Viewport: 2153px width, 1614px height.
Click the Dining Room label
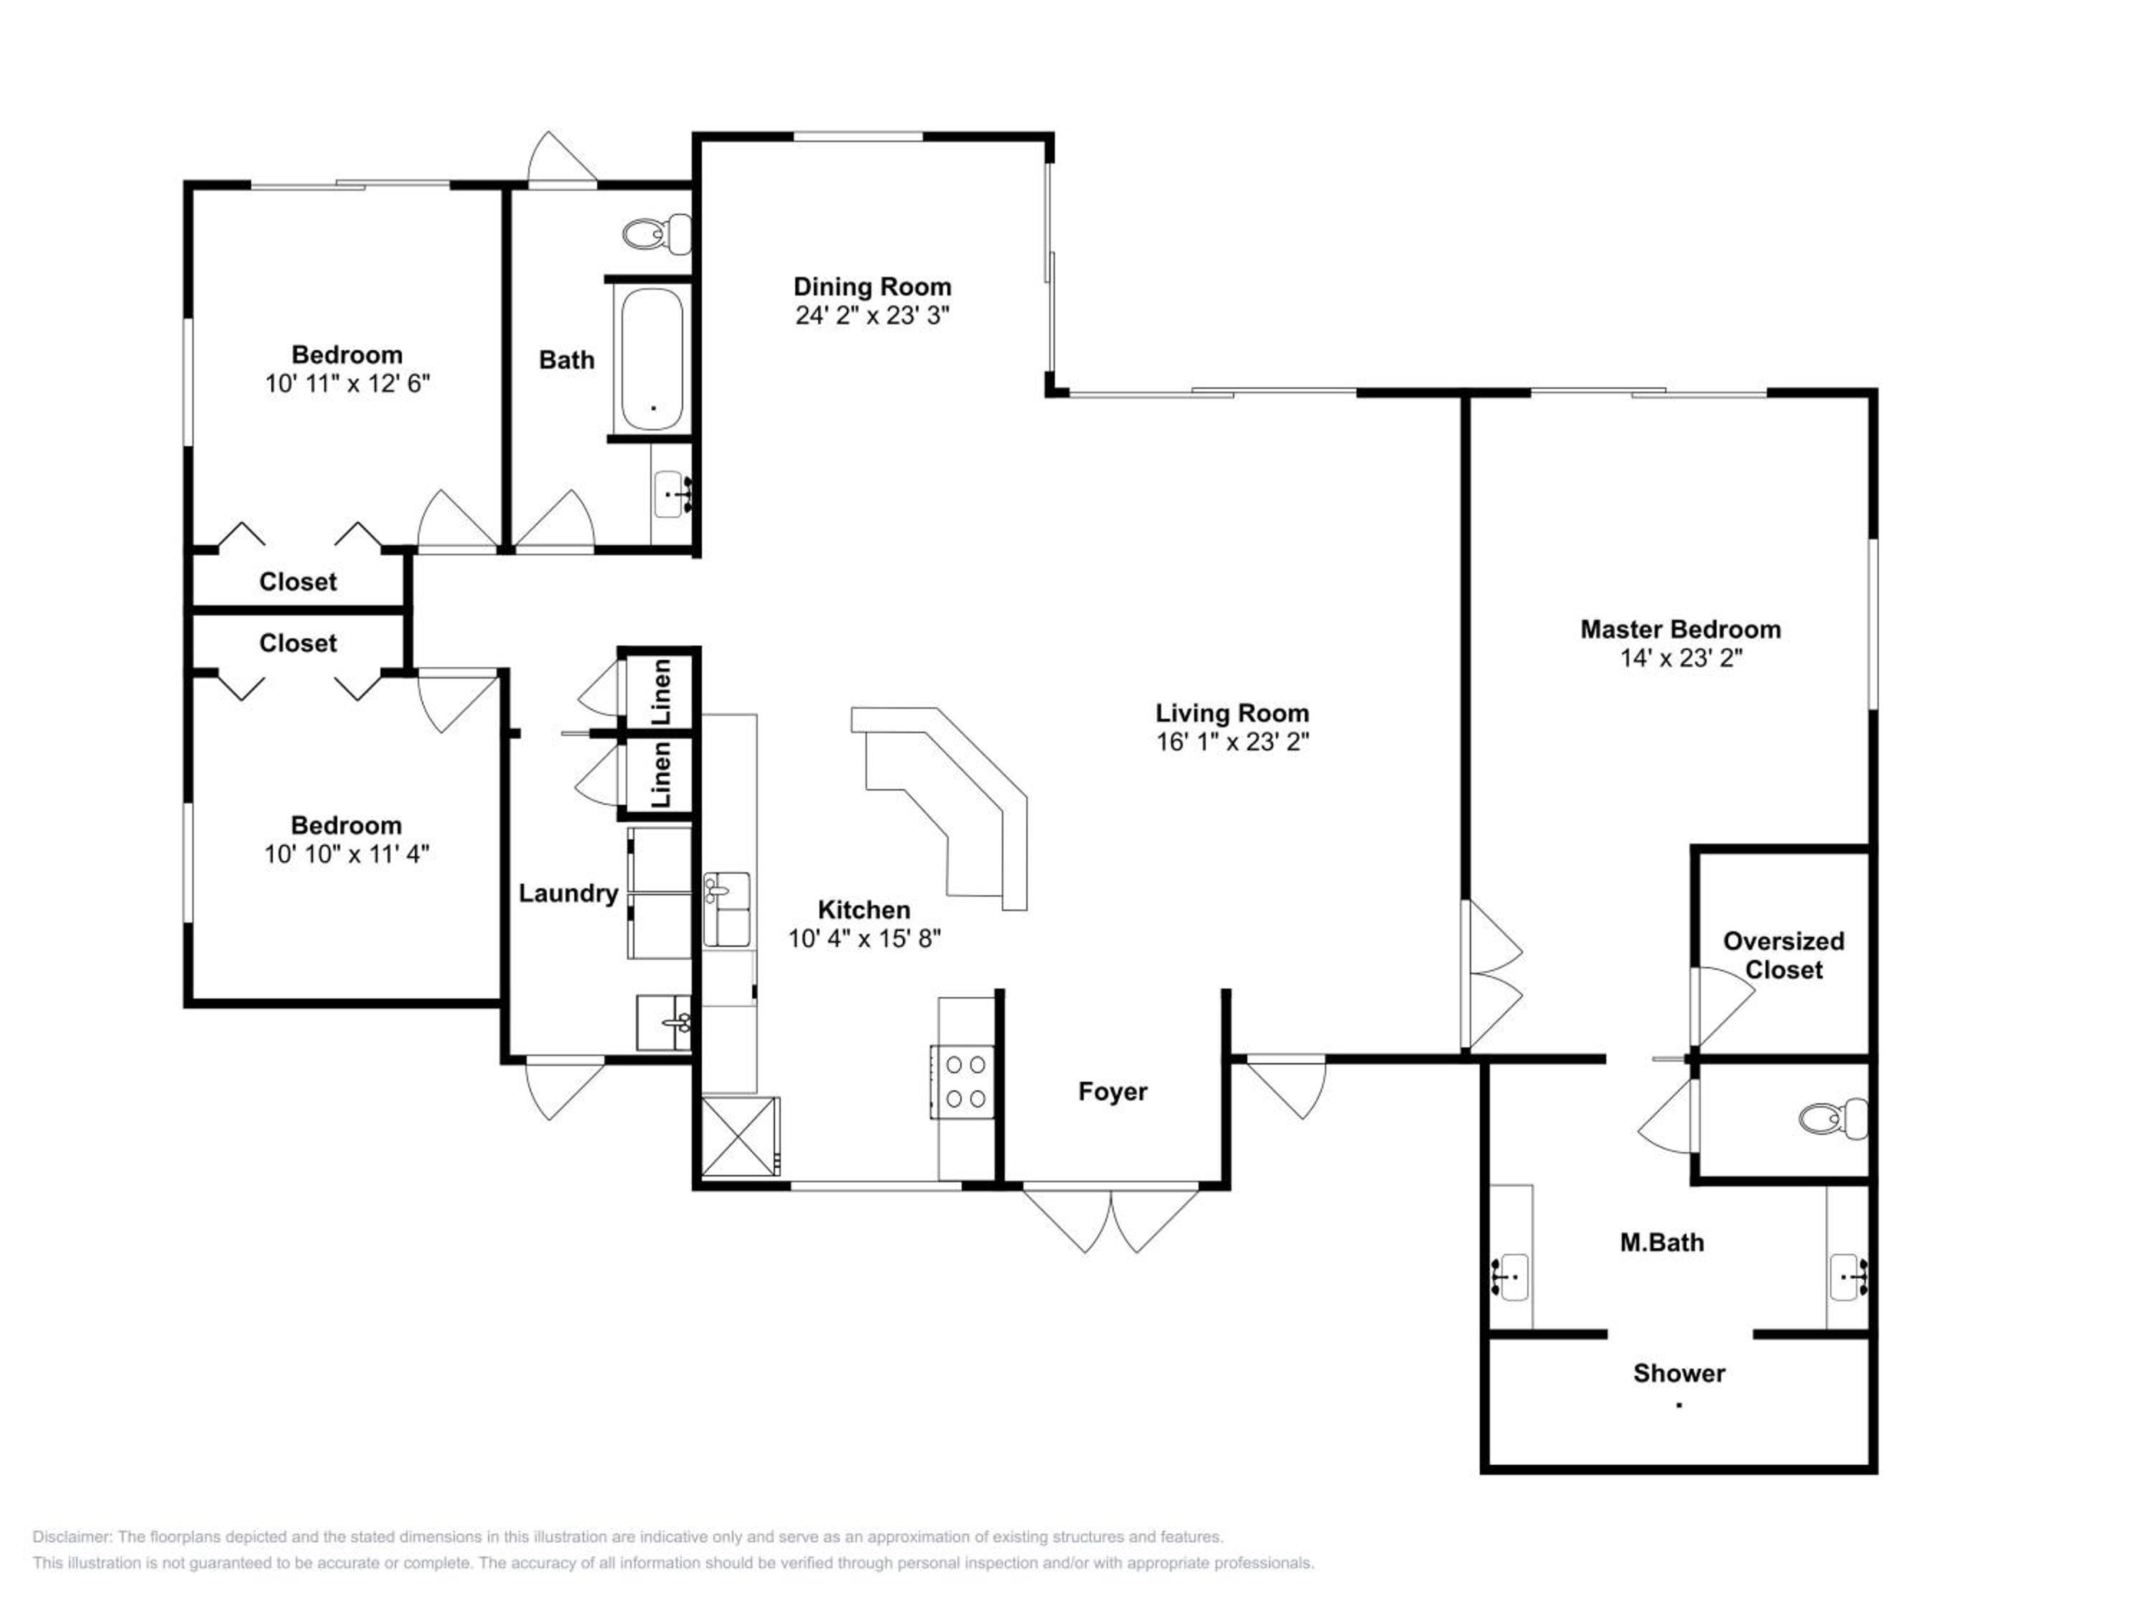point(872,287)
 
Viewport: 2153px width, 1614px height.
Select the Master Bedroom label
point(1681,629)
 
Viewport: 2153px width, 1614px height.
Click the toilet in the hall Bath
point(657,233)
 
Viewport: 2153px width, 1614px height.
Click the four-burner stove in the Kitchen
point(962,1082)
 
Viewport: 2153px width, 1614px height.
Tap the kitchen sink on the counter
point(727,910)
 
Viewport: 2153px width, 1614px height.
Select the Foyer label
point(1112,1092)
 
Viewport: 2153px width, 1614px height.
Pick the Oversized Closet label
point(1784,955)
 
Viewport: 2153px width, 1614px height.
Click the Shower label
point(1679,1373)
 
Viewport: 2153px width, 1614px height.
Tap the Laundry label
point(568,893)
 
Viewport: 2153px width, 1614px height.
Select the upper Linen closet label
point(662,691)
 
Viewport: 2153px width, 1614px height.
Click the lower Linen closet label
point(662,775)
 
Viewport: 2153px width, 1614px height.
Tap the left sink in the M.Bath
point(1511,1276)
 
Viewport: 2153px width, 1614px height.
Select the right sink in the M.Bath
point(1848,1276)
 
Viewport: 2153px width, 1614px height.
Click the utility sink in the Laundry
point(665,1021)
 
